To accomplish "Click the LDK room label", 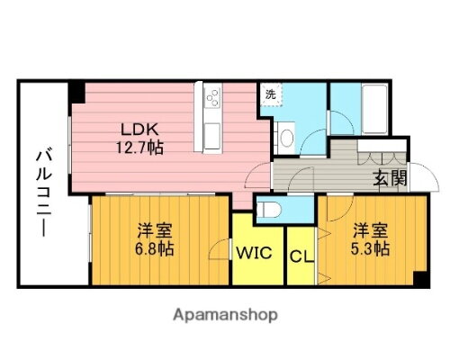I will click(135, 127).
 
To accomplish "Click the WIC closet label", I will click(256, 254).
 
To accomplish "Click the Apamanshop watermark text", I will click(224, 316).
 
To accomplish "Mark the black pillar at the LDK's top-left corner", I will click(77, 91).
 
